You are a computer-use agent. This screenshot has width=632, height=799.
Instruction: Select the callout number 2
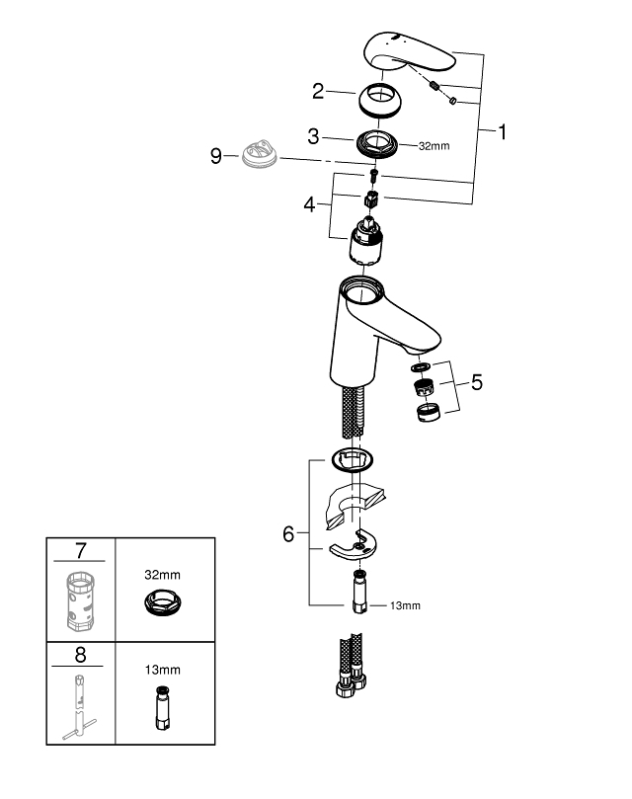click(x=318, y=92)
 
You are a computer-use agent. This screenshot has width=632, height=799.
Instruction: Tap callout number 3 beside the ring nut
click(x=313, y=135)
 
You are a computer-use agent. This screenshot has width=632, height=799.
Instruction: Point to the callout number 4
click(x=310, y=206)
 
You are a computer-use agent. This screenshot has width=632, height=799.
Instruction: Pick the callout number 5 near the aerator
click(x=477, y=381)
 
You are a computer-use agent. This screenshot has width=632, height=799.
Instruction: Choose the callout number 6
click(x=288, y=534)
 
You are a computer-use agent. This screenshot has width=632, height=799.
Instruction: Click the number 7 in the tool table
click(x=81, y=548)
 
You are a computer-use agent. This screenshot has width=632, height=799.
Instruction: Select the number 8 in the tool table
click(x=81, y=654)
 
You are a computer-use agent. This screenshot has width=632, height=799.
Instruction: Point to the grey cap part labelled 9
click(x=258, y=156)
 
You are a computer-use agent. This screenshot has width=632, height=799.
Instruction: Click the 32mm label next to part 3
click(x=434, y=146)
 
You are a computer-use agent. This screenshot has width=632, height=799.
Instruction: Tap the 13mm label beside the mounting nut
click(x=405, y=605)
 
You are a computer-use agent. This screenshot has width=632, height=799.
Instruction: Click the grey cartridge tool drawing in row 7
click(x=81, y=599)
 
